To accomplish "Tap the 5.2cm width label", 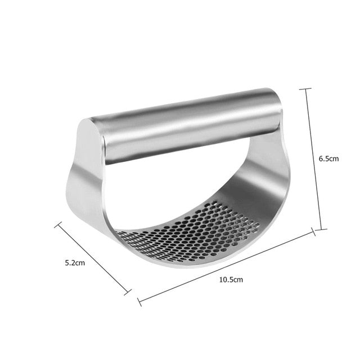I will [x=74, y=262].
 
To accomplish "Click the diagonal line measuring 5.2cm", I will [x=92, y=256].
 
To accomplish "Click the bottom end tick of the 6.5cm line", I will [x=319, y=229].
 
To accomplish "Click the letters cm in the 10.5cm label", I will [x=237, y=280].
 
